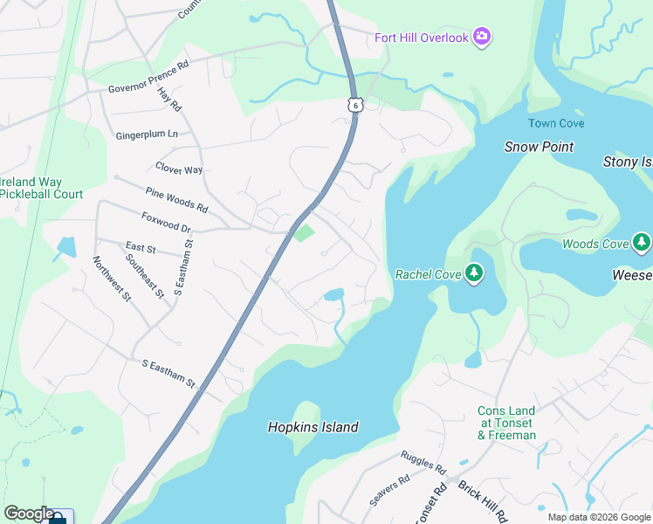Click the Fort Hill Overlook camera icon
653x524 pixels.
click(x=481, y=36)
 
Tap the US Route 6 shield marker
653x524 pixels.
click(x=354, y=104)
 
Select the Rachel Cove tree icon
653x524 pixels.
click(x=474, y=274)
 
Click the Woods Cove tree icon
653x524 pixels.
click(x=642, y=242)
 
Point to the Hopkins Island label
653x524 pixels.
click(x=312, y=427)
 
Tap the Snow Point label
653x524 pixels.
click(x=539, y=147)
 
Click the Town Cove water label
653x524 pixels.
click(x=555, y=124)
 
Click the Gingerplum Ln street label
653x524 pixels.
click(x=147, y=134)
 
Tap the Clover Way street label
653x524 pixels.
click(x=179, y=169)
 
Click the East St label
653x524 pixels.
click(x=140, y=249)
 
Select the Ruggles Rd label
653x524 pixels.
click(x=423, y=462)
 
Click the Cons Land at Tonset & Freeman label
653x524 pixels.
click(x=506, y=423)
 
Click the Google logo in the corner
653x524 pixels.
click(x=29, y=514)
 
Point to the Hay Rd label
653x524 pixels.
click(x=169, y=103)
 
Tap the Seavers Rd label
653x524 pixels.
click(x=390, y=492)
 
